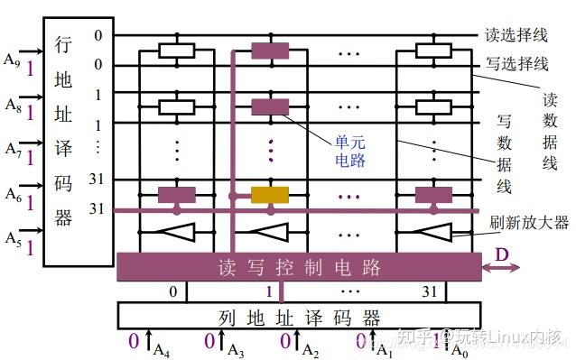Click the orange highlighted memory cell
(x=269, y=194)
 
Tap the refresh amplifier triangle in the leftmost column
(x=177, y=233)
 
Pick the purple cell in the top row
(x=269, y=51)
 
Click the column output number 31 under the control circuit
(x=432, y=291)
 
